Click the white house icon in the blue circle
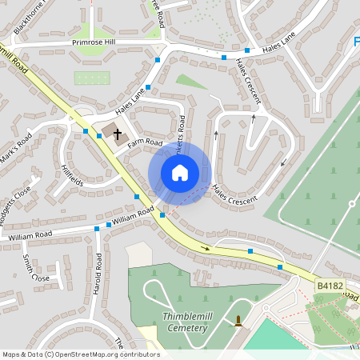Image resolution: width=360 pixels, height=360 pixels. tap(180, 173)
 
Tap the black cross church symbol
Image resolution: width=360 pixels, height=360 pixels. tap(118, 134)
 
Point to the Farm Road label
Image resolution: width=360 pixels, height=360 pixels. tap(145, 142)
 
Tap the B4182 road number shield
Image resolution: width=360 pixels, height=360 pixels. tap(329, 285)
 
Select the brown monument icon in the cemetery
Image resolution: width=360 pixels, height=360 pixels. tap(238, 322)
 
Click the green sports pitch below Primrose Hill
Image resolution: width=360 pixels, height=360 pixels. tap(90, 78)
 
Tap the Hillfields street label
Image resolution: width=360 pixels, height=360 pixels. tap(72, 174)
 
